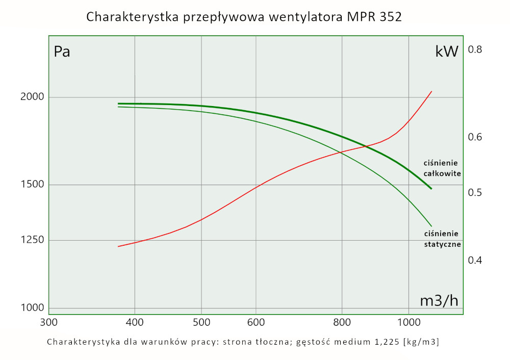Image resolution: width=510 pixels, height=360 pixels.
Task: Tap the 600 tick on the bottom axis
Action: click(x=256, y=323)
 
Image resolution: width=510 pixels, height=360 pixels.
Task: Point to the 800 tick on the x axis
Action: click(x=342, y=323)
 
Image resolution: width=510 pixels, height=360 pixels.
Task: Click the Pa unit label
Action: click(x=62, y=52)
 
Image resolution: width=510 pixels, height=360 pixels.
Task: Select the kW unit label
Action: click(x=447, y=52)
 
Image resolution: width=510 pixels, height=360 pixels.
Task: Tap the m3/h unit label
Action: click(x=439, y=301)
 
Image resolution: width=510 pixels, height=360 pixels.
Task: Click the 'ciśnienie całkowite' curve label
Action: click(x=442, y=168)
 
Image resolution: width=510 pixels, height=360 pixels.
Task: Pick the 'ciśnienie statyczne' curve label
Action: click(x=442, y=239)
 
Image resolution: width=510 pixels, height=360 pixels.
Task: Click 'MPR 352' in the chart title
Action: click(x=375, y=17)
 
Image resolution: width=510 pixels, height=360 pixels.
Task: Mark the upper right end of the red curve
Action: click(x=431, y=92)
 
